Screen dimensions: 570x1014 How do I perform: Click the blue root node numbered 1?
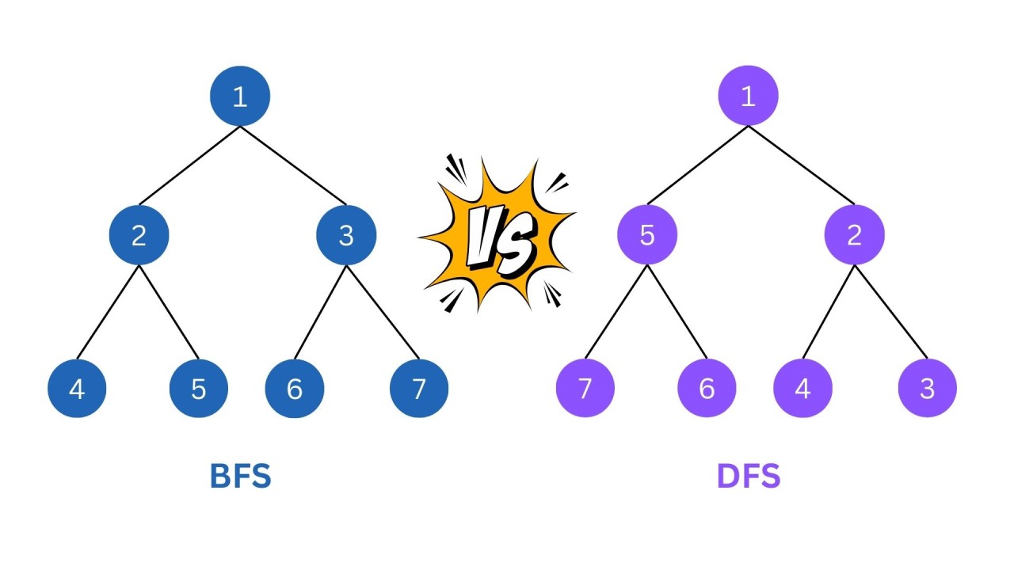pos(240,96)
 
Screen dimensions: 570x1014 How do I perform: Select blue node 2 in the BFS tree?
pos(139,235)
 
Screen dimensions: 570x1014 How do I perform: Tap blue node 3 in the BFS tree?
pos(346,235)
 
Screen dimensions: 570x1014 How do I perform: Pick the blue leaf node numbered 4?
pos(77,388)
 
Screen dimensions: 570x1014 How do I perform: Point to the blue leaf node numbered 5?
pos(199,388)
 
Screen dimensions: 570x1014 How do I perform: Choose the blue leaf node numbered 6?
pos(295,388)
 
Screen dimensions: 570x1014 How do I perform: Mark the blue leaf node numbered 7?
pos(419,388)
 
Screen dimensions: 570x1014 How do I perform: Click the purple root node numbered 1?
pos(748,96)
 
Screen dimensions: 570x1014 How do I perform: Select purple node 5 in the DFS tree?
pos(647,235)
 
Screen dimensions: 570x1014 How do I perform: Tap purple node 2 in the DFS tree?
pos(854,235)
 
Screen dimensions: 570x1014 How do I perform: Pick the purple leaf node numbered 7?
pos(585,388)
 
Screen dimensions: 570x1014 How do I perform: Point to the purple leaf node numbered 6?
pos(707,388)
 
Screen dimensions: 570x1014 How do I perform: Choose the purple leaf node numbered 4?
pos(803,388)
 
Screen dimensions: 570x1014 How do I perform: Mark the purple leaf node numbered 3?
pos(928,388)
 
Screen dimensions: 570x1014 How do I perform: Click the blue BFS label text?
pos(240,477)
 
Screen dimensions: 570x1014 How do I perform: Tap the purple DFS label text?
pos(749,477)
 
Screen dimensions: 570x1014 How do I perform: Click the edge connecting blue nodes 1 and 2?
pos(189,165)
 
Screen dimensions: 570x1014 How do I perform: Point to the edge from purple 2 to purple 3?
pos(890,311)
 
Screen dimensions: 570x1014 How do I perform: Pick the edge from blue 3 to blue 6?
pos(321,311)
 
